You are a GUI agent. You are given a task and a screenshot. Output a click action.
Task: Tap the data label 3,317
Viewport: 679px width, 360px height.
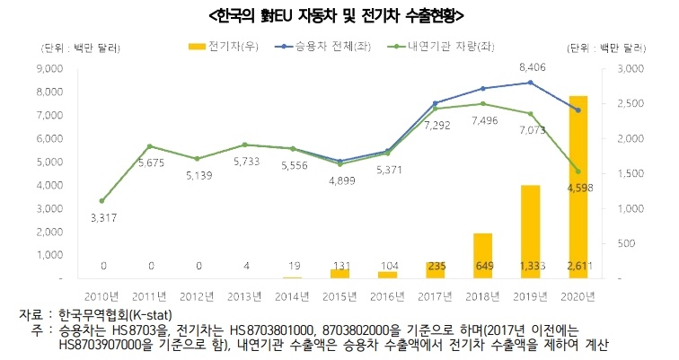point(102,217)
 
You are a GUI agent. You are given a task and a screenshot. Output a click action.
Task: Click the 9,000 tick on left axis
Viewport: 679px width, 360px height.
point(48,68)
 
